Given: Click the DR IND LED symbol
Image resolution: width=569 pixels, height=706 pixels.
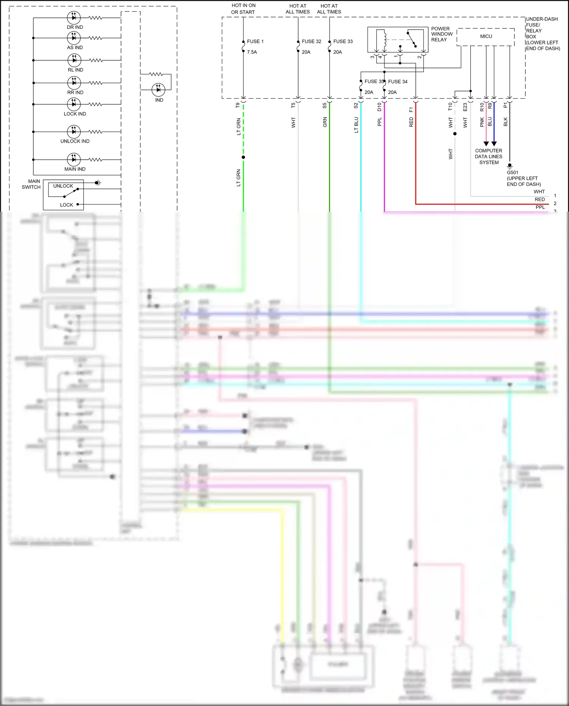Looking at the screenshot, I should tap(74, 17).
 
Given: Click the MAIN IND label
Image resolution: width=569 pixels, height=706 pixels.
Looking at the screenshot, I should tap(75, 169).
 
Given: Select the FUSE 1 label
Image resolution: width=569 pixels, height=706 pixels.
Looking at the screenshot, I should tap(255, 41).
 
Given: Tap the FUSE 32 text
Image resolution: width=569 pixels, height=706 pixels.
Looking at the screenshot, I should tap(311, 41).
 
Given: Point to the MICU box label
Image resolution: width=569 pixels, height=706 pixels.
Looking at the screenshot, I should tap(486, 36).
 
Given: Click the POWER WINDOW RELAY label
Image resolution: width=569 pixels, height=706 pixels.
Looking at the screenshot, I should tap(442, 34).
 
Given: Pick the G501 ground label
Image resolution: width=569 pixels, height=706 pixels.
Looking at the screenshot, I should tap(512, 172).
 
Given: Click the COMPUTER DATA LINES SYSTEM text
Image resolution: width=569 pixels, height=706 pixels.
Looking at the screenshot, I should tap(489, 156).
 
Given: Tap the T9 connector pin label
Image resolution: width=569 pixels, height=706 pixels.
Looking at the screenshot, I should tap(238, 105).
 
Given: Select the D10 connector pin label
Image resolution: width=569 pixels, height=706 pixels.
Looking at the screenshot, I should tap(379, 107).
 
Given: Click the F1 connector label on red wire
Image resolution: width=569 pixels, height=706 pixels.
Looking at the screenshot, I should tap(411, 110).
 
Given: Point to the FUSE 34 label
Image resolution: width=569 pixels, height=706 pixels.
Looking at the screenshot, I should tap(398, 82).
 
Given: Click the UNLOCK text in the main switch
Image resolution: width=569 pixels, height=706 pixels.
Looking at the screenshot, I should tap(63, 186).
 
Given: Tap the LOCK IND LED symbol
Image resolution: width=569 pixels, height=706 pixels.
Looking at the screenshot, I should tap(74, 104).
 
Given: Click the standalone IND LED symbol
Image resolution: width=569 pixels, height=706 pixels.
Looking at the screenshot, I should tap(158, 90).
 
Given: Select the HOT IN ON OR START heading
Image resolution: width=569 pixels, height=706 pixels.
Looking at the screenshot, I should tap(243, 9).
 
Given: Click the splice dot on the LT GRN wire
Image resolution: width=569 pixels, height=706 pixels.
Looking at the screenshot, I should tap(243, 157).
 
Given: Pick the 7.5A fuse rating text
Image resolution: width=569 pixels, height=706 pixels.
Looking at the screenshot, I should tap(252, 52).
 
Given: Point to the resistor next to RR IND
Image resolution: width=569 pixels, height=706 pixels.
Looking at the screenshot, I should tap(96, 83).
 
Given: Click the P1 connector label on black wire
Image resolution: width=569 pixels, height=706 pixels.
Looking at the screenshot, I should tap(505, 105).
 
